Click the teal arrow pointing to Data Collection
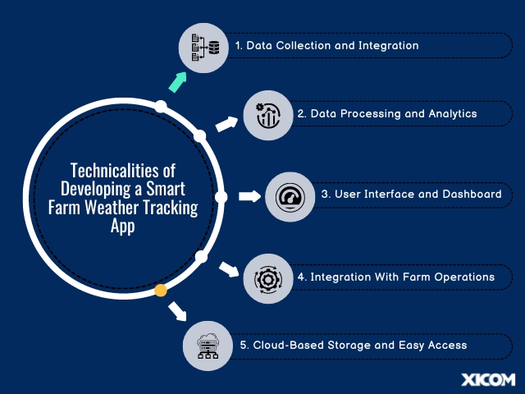coord(177,82)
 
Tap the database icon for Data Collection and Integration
coord(205,48)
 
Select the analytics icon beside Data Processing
coord(267,115)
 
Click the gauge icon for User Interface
coord(290,197)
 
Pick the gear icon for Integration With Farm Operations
coord(268,279)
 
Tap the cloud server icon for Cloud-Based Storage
coord(208,346)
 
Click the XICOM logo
coord(488,380)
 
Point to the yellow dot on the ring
coord(161,291)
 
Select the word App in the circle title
coord(122,227)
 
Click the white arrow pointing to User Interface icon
coord(249,196)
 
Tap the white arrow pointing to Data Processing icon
coord(226,124)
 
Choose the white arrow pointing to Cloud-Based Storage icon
coord(177,311)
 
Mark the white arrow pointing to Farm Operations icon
coord(229,270)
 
